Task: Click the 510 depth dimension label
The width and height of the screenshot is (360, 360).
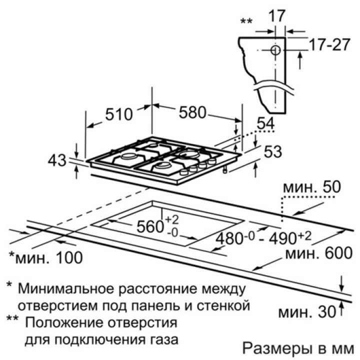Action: coord(118,114)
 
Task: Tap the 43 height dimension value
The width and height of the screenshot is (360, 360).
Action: coord(57,160)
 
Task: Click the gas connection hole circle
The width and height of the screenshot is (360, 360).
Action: coord(274,50)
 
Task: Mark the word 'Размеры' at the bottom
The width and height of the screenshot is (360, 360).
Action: coord(270,348)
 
